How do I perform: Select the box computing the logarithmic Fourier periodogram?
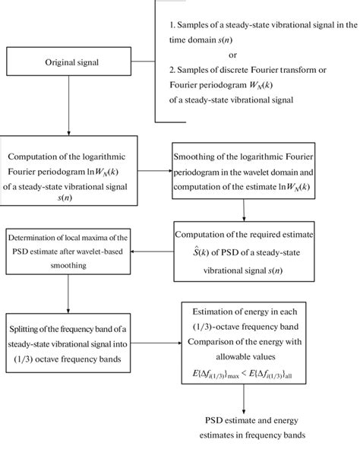pos(69,171)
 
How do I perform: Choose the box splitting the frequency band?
pos(69,334)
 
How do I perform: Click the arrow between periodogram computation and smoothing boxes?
pos(155,172)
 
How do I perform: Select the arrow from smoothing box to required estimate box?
pos(243,208)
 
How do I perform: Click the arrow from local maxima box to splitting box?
pos(69,292)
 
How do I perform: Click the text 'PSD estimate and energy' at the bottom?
pos(243,420)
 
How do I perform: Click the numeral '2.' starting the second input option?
pos(173,70)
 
